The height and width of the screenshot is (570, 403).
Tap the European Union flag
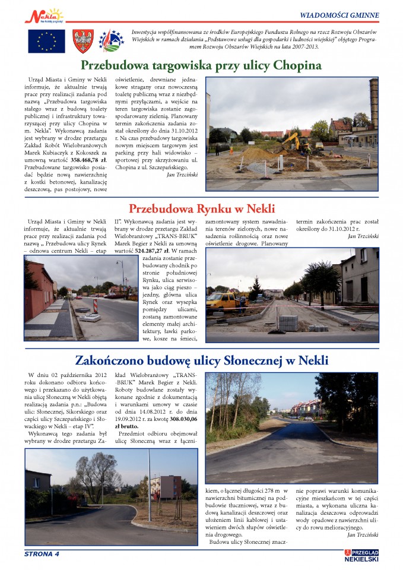coord(46,42)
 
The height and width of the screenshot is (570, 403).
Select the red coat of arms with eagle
coord(82,42)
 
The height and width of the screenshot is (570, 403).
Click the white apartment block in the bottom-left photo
coord(167,487)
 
